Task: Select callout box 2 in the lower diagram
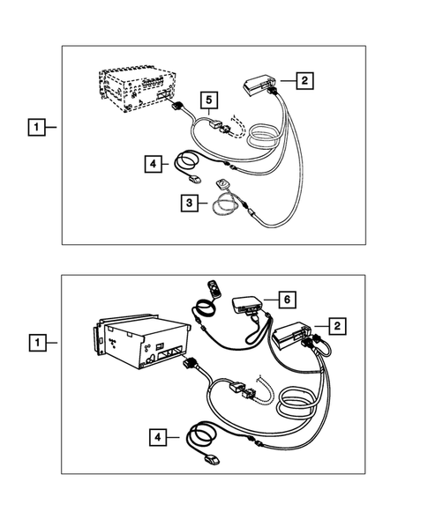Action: pyautogui.click(x=336, y=326)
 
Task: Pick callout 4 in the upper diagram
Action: pyautogui.click(x=154, y=163)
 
